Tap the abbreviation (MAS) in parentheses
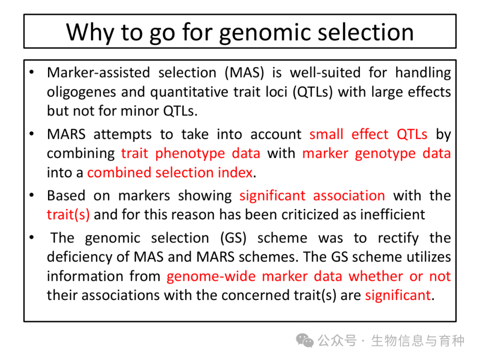(x=244, y=73)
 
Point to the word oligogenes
(x=81, y=92)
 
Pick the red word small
(x=326, y=134)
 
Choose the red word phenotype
(x=190, y=154)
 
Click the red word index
(x=235, y=172)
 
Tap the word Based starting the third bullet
(x=66, y=196)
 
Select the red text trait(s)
(x=68, y=215)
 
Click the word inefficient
(x=393, y=215)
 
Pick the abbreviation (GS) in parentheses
(x=233, y=238)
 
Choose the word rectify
(x=398, y=239)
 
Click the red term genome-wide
(x=211, y=276)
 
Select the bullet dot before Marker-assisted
(x=32, y=72)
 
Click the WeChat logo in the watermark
(x=304, y=340)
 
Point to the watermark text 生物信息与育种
(x=418, y=341)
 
